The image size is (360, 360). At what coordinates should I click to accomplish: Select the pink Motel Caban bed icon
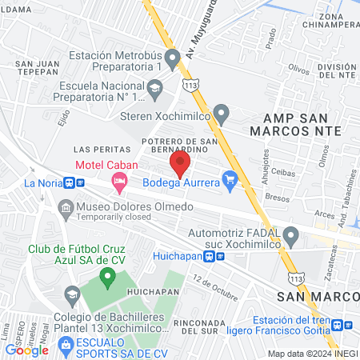(x=120, y=184)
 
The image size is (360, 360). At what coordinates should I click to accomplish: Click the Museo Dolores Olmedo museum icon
(x=65, y=208)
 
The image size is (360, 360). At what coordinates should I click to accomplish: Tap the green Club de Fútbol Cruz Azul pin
(x=107, y=278)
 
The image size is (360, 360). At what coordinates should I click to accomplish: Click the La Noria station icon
(x=71, y=182)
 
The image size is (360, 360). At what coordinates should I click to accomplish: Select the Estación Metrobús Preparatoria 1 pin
(x=171, y=58)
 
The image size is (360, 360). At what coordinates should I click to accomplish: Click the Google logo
(x=26, y=350)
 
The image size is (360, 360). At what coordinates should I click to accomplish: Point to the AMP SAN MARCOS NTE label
(x=296, y=123)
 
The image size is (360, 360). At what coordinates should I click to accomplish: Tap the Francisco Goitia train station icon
(x=338, y=325)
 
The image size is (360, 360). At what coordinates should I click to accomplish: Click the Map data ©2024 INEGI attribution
(x=312, y=353)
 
